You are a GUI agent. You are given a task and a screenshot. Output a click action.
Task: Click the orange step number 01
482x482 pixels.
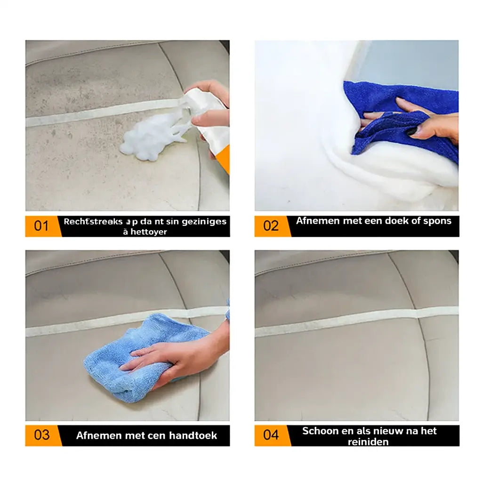tap(41, 226)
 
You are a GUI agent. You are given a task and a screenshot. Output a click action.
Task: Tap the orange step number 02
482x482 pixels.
tap(271, 226)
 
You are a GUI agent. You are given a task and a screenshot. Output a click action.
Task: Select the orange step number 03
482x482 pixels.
tap(41, 435)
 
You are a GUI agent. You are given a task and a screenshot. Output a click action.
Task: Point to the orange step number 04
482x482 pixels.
tap(271, 435)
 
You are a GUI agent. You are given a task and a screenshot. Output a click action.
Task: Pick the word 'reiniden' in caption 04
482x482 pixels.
tap(368, 442)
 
